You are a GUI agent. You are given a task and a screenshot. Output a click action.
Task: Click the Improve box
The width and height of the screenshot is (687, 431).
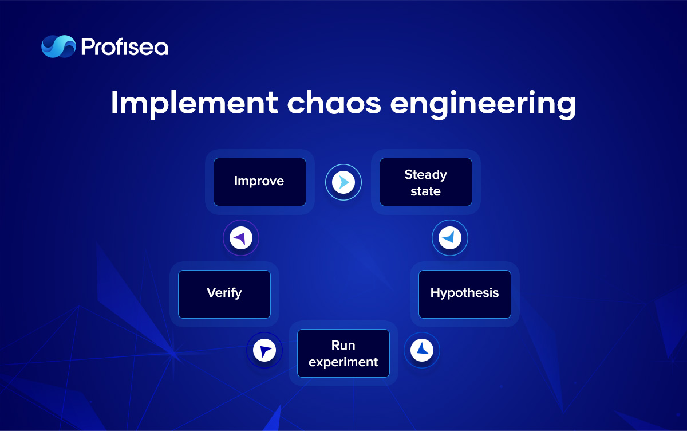[x=260, y=182]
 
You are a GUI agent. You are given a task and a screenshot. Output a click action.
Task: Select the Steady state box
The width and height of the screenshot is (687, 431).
[x=426, y=182]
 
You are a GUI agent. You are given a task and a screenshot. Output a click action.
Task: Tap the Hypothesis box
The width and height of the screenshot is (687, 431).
[x=465, y=294]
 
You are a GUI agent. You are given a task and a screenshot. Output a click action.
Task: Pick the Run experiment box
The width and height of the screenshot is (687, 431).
[x=343, y=353]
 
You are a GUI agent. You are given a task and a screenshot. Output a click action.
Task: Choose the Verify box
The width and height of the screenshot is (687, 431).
[x=224, y=294]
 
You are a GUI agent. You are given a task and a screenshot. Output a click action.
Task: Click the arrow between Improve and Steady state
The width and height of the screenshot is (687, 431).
[x=343, y=182]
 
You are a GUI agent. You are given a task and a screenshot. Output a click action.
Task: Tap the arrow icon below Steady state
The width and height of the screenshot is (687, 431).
[x=450, y=238]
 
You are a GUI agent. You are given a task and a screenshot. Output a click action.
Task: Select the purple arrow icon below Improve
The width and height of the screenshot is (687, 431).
[x=241, y=238]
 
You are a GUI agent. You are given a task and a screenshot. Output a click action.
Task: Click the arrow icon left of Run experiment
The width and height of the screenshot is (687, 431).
[x=264, y=350]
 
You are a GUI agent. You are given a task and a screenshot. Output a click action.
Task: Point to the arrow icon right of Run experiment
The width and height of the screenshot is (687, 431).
[x=422, y=350]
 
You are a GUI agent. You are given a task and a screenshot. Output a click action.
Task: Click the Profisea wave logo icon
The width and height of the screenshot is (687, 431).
[x=58, y=46]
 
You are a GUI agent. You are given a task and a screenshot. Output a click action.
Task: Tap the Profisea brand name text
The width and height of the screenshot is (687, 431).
[x=125, y=47]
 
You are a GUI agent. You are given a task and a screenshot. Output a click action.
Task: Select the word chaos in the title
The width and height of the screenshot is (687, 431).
[x=334, y=102]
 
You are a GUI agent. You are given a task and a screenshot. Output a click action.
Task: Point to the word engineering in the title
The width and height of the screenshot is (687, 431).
[x=483, y=104]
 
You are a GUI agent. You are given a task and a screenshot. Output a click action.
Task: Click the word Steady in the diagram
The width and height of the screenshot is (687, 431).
[x=426, y=175]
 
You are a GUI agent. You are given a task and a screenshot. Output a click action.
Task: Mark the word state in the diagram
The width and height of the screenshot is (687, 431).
[x=425, y=191]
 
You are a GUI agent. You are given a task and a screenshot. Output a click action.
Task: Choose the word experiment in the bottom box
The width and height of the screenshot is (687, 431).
[x=343, y=362]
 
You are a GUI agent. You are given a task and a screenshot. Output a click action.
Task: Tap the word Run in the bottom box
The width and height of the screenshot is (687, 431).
[x=343, y=346]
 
